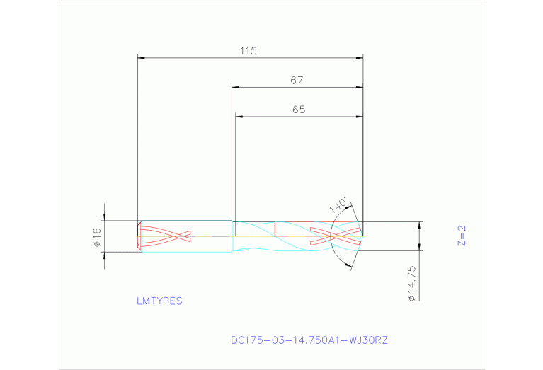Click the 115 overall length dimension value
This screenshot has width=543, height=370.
point(248,51)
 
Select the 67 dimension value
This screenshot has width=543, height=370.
point(297,81)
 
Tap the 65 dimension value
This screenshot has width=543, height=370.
point(298,110)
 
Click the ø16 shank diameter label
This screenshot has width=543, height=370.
point(97,238)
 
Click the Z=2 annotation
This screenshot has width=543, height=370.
point(462,236)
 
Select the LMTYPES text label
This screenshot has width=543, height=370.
point(159,301)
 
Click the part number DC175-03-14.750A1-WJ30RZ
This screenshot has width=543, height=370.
point(309,340)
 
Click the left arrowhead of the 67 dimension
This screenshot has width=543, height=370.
point(236,88)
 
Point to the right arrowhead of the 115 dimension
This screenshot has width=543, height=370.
point(359,58)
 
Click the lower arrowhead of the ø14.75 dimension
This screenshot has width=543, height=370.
point(420,254)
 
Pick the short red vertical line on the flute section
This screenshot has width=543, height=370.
point(274,229)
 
